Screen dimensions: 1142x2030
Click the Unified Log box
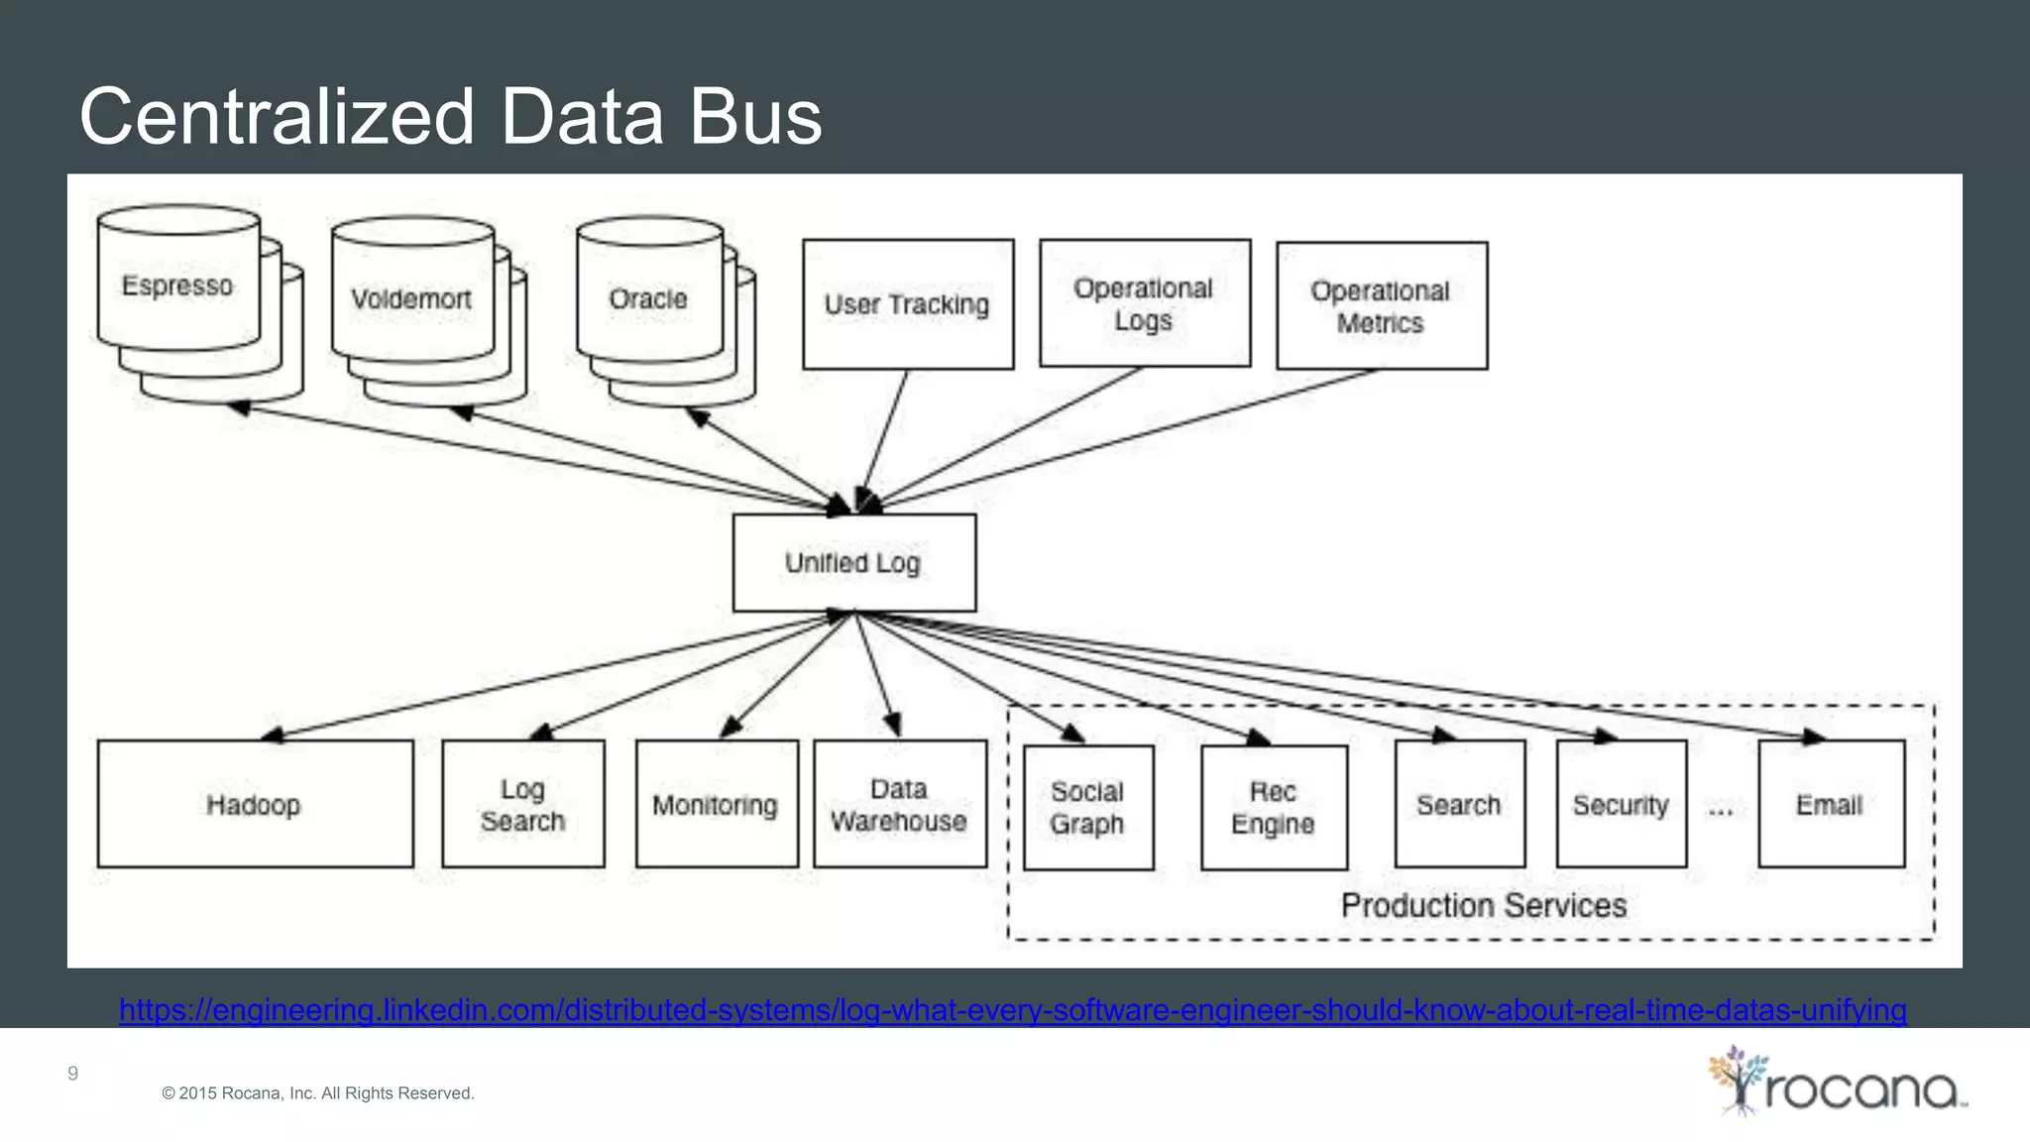853,562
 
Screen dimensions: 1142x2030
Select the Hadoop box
255,804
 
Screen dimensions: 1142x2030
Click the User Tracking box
907,304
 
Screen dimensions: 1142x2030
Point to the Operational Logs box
1144,303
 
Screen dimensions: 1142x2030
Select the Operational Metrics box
1381,305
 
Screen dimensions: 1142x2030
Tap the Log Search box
522,804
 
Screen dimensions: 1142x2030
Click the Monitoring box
716,804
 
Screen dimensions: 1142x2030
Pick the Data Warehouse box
899,804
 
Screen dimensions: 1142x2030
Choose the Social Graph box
1087,807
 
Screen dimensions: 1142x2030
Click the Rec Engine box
1273,807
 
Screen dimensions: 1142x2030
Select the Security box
1621,804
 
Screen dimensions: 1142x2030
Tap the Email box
1830,804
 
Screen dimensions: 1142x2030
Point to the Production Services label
1483,904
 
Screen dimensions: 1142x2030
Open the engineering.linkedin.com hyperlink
1012,1009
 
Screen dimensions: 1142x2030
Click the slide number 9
72,1073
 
